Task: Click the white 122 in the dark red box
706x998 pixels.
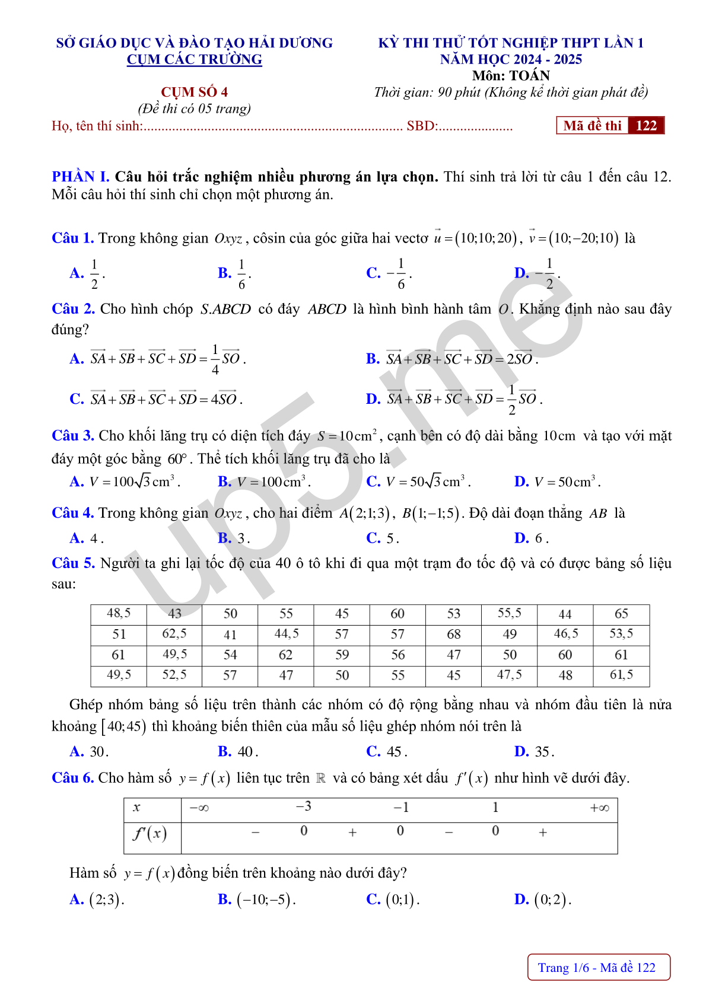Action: tap(646, 126)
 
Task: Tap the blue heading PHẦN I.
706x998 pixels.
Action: tap(81, 177)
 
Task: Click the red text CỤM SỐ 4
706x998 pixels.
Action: tap(194, 92)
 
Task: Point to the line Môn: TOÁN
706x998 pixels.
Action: tap(511, 75)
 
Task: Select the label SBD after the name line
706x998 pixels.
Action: tap(421, 126)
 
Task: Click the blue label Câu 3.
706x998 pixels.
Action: tap(72, 436)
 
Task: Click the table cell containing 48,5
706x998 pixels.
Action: tap(119, 614)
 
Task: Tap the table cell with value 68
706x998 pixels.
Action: tap(454, 634)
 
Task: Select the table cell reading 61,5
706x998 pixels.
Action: tap(621, 675)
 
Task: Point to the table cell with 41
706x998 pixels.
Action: tap(230, 634)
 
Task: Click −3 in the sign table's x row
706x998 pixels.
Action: tap(303, 807)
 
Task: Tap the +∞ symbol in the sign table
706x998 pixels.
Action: tap(599, 808)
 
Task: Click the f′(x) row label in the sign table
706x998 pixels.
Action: tap(150, 834)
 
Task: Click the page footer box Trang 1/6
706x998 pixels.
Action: tap(598, 968)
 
